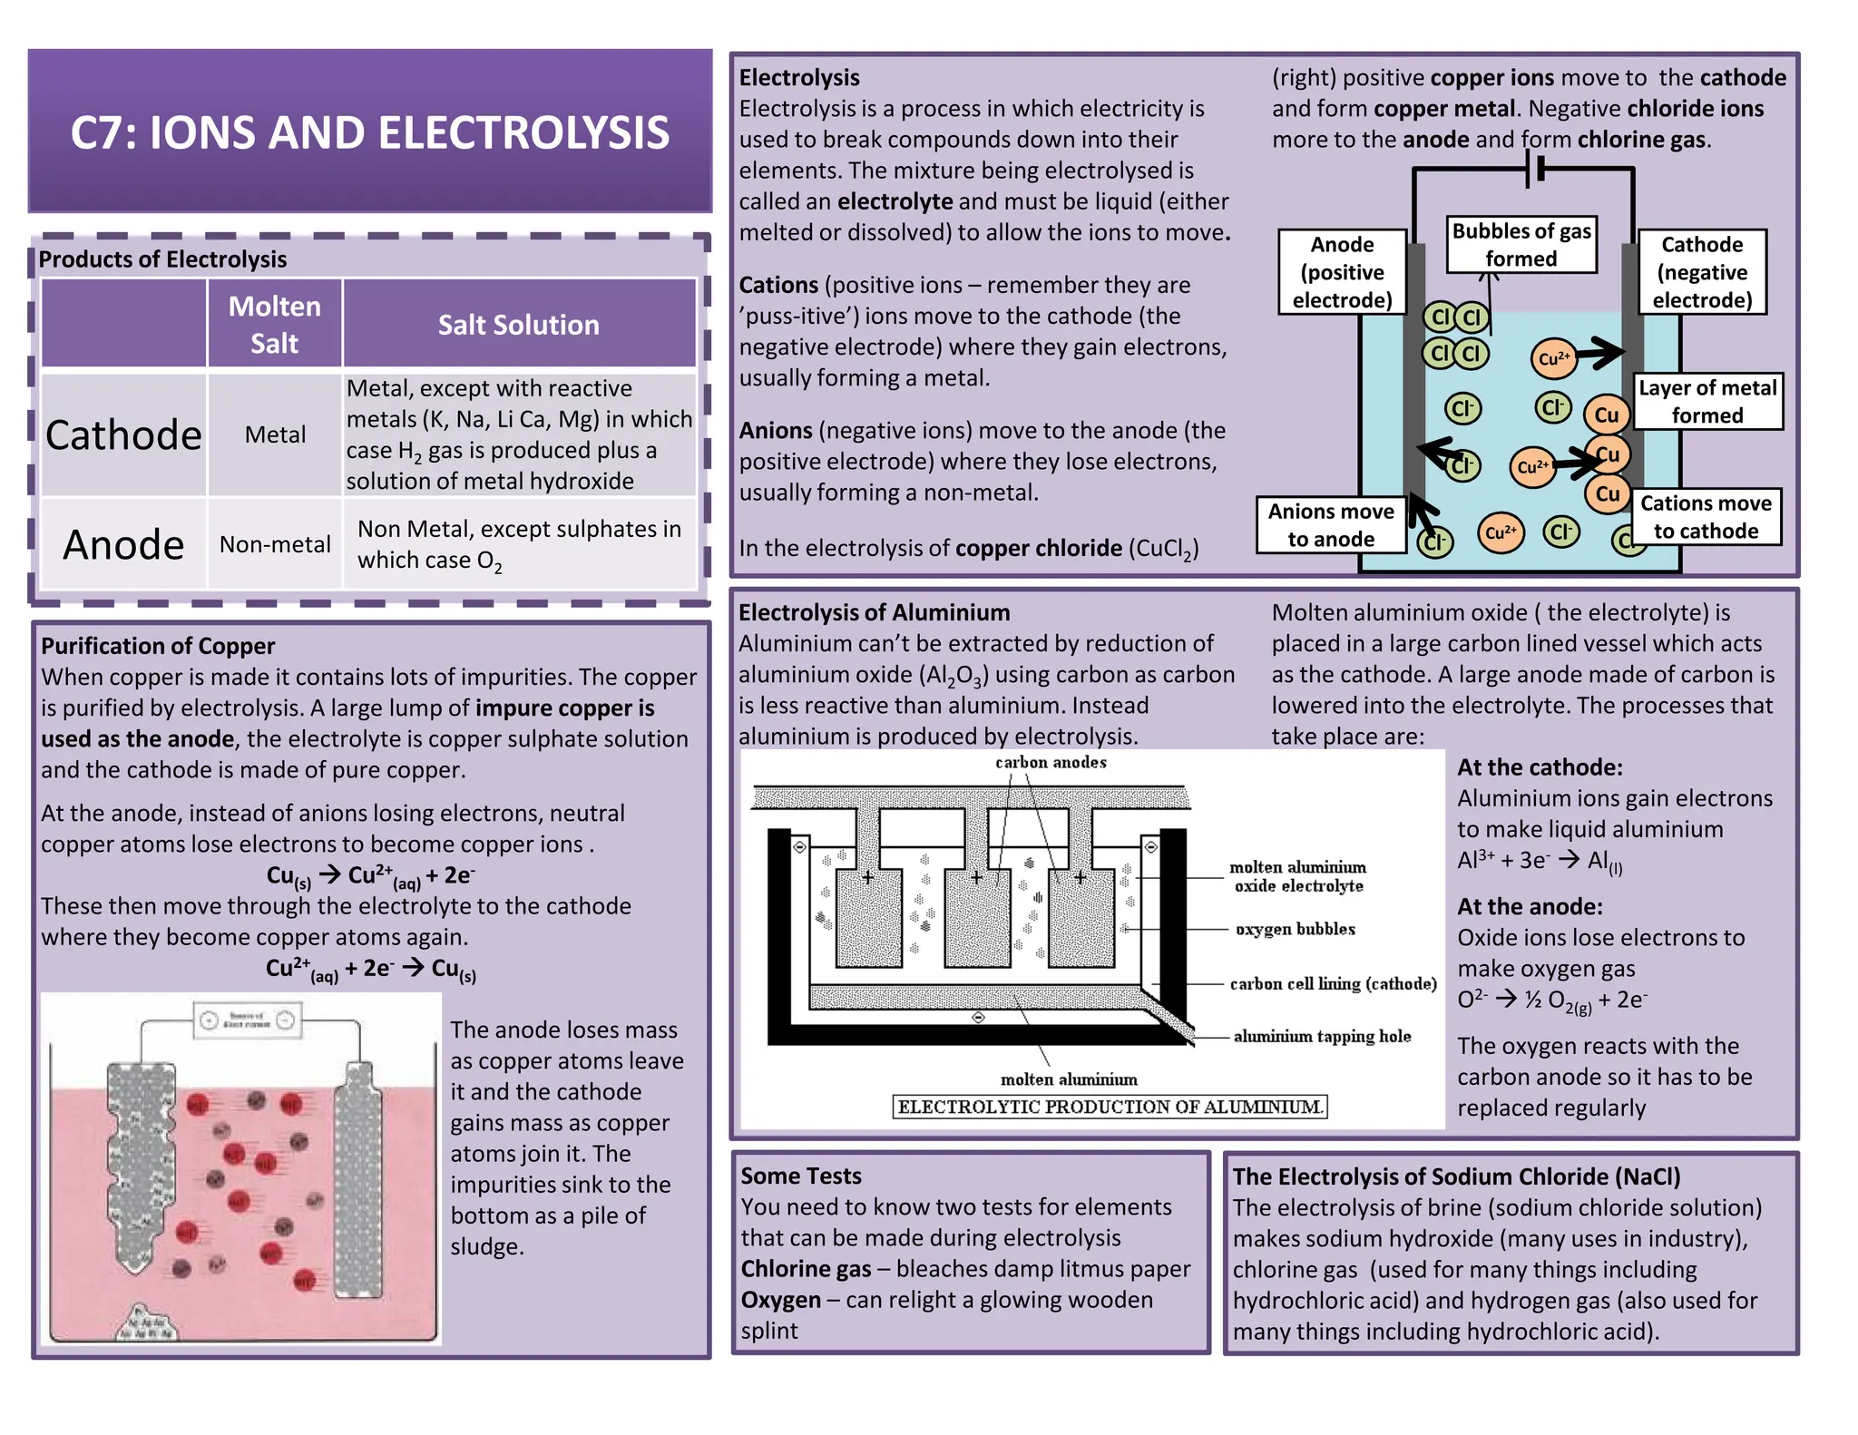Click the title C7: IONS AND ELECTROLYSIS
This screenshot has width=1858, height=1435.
[369, 132]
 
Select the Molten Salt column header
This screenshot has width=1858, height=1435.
[274, 324]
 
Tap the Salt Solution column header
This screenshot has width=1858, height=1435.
[518, 325]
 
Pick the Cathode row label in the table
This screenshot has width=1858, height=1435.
[123, 435]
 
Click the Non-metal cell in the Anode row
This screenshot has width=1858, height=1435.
[275, 544]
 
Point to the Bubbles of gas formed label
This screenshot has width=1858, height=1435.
[1521, 245]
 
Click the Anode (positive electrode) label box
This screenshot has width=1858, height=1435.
[1342, 272]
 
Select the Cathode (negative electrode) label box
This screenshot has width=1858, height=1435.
[1702, 272]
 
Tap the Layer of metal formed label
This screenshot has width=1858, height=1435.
[1707, 401]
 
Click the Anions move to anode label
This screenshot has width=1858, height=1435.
[1331, 525]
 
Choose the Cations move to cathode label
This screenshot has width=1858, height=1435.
[1706, 517]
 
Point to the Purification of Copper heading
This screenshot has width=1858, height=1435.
[158, 646]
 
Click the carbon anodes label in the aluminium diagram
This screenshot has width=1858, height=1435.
[1051, 763]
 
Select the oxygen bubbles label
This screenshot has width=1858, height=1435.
[1295, 930]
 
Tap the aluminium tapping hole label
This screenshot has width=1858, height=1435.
[1322, 1037]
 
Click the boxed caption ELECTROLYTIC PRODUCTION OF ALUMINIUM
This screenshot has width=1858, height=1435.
[1110, 1107]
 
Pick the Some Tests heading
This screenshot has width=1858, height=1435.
[801, 1176]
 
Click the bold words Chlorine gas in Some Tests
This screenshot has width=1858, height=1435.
[806, 1269]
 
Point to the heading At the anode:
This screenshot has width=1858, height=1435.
[1530, 907]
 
